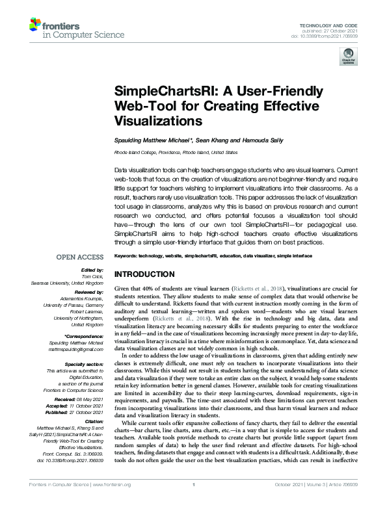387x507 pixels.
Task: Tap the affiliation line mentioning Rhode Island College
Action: [x=176, y=153]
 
